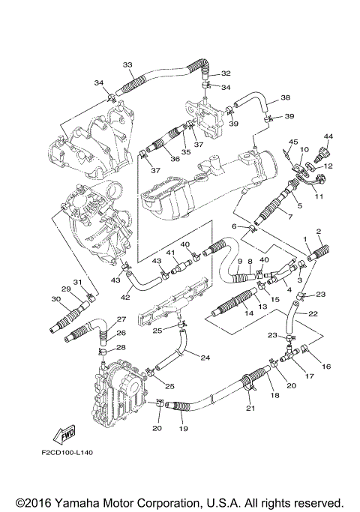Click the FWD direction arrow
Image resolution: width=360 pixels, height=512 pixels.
pos(64,434)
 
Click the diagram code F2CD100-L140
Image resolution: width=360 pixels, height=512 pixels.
pos(67,453)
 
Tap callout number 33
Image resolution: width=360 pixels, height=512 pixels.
pos(127,64)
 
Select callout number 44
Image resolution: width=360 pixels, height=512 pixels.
pos(328,136)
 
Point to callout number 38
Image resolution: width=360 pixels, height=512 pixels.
pos(285,97)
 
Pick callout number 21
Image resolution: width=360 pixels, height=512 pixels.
pos(250,408)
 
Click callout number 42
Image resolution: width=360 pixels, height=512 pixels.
pos(125,297)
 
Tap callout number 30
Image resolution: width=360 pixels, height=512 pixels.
pos(55,298)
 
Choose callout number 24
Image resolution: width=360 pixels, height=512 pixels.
pos(205,358)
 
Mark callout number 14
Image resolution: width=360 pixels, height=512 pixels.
pos(249,313)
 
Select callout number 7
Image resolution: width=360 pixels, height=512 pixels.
pos(289,216)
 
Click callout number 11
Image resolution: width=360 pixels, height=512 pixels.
pos(319,196)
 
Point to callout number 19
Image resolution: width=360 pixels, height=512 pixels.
pos(184,428)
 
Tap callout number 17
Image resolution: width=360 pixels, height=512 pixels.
pos(309,376)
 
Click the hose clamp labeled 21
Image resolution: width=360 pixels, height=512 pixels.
pos(249,383)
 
